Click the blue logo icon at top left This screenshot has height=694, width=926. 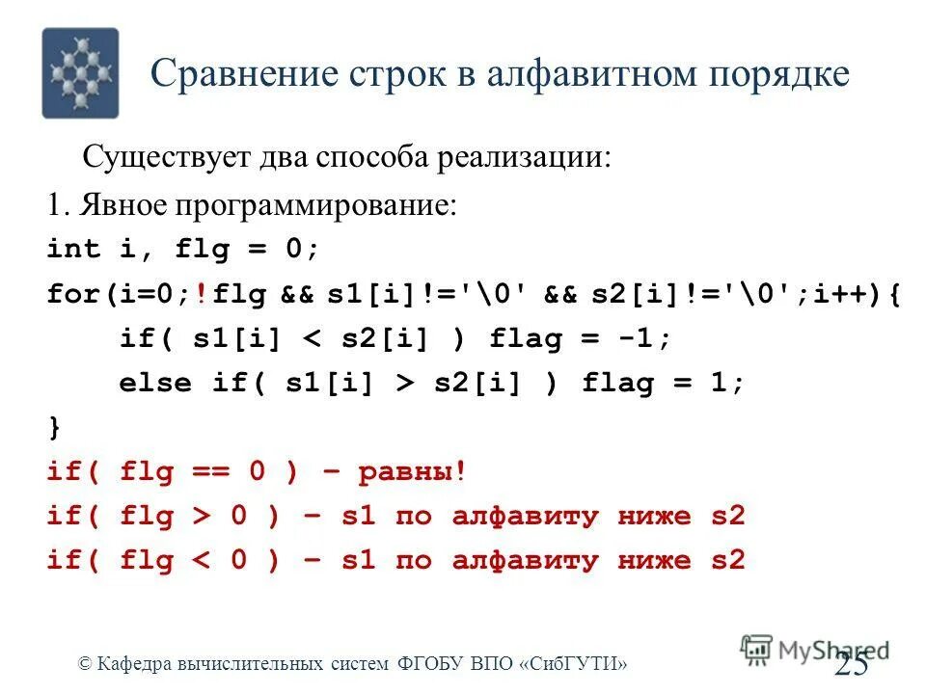pyautogui.click(x=80, y=73)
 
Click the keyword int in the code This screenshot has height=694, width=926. pyautogui.click(x=73, y=250)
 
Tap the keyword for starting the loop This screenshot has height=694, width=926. pyautogui.click(x=72, y=294)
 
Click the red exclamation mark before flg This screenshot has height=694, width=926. pyautogui.click(x=200, y=294)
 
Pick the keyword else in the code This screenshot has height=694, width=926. pyautogui.click(x=154, y=384)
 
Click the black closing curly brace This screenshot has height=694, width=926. pyautogui.click(x=53, y=427)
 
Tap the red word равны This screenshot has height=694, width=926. pyautogui.click(x=406, y=472)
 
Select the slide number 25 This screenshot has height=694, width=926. pyautogui.click(x=852, y=664)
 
